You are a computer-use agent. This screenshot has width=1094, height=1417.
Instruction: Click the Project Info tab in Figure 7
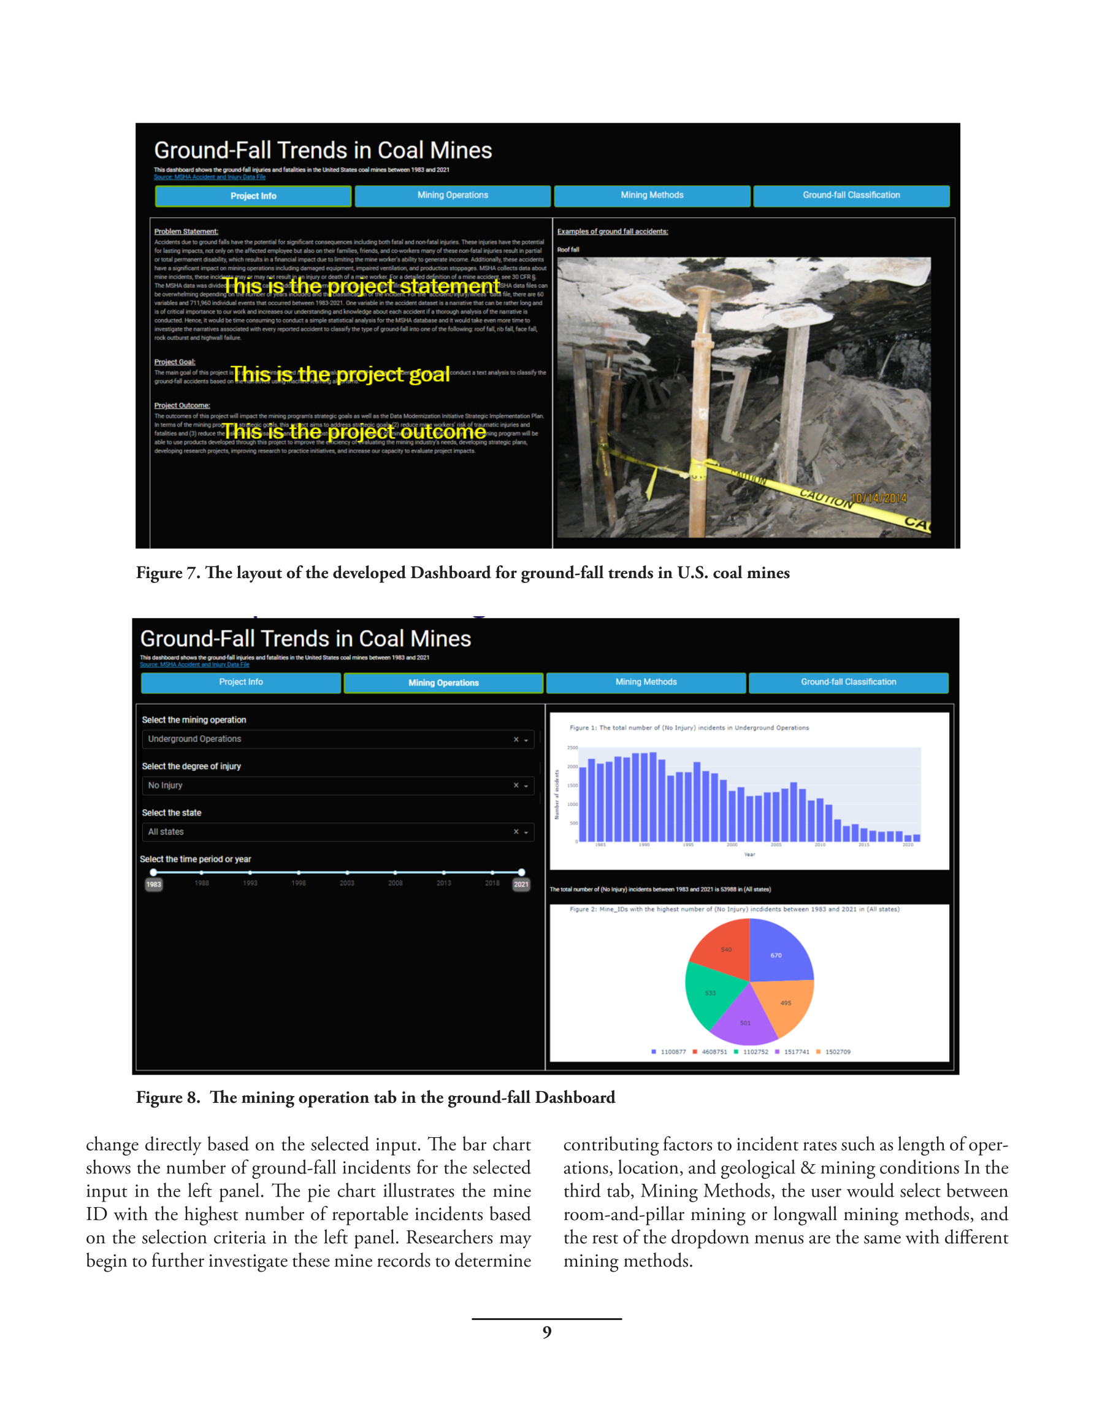tap(253, 196)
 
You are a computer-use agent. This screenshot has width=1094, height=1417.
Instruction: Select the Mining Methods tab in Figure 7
tap(652, 195)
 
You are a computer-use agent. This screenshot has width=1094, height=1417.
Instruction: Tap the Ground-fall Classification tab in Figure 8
tap(848, 682)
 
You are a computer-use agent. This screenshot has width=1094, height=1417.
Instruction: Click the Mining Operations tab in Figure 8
tap(443, 682)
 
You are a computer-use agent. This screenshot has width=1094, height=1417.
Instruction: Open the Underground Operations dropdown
tap(337, 739)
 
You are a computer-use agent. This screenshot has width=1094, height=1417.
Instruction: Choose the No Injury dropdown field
tap(337, 785)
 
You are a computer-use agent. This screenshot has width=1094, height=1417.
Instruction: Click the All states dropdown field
tap(337, 832)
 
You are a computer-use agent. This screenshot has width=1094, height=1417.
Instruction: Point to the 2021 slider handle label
tap(521, 884)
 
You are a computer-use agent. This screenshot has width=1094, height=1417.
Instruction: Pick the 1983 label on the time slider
tap(154, 884)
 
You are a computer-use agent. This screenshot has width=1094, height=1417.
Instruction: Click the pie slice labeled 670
tap(776, 955)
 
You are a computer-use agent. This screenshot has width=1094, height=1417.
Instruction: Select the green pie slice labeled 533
tap(711, 993)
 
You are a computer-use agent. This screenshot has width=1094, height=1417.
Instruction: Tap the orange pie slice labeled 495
tap(786, 1002)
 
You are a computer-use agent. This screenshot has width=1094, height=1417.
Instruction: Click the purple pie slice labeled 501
tap(745, 1022)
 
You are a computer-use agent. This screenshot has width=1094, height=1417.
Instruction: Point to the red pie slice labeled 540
tap(725, 949)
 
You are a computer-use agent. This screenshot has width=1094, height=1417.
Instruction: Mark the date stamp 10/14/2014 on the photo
tap(879, 498)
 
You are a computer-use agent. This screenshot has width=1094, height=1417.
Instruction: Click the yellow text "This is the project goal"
tap(340, 374)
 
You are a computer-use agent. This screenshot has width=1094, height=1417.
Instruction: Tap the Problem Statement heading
tap(186, 231)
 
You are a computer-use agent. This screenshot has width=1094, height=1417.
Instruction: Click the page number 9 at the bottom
tap(546, 1332)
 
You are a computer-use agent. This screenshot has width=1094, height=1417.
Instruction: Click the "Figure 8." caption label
tap(168, 1097)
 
